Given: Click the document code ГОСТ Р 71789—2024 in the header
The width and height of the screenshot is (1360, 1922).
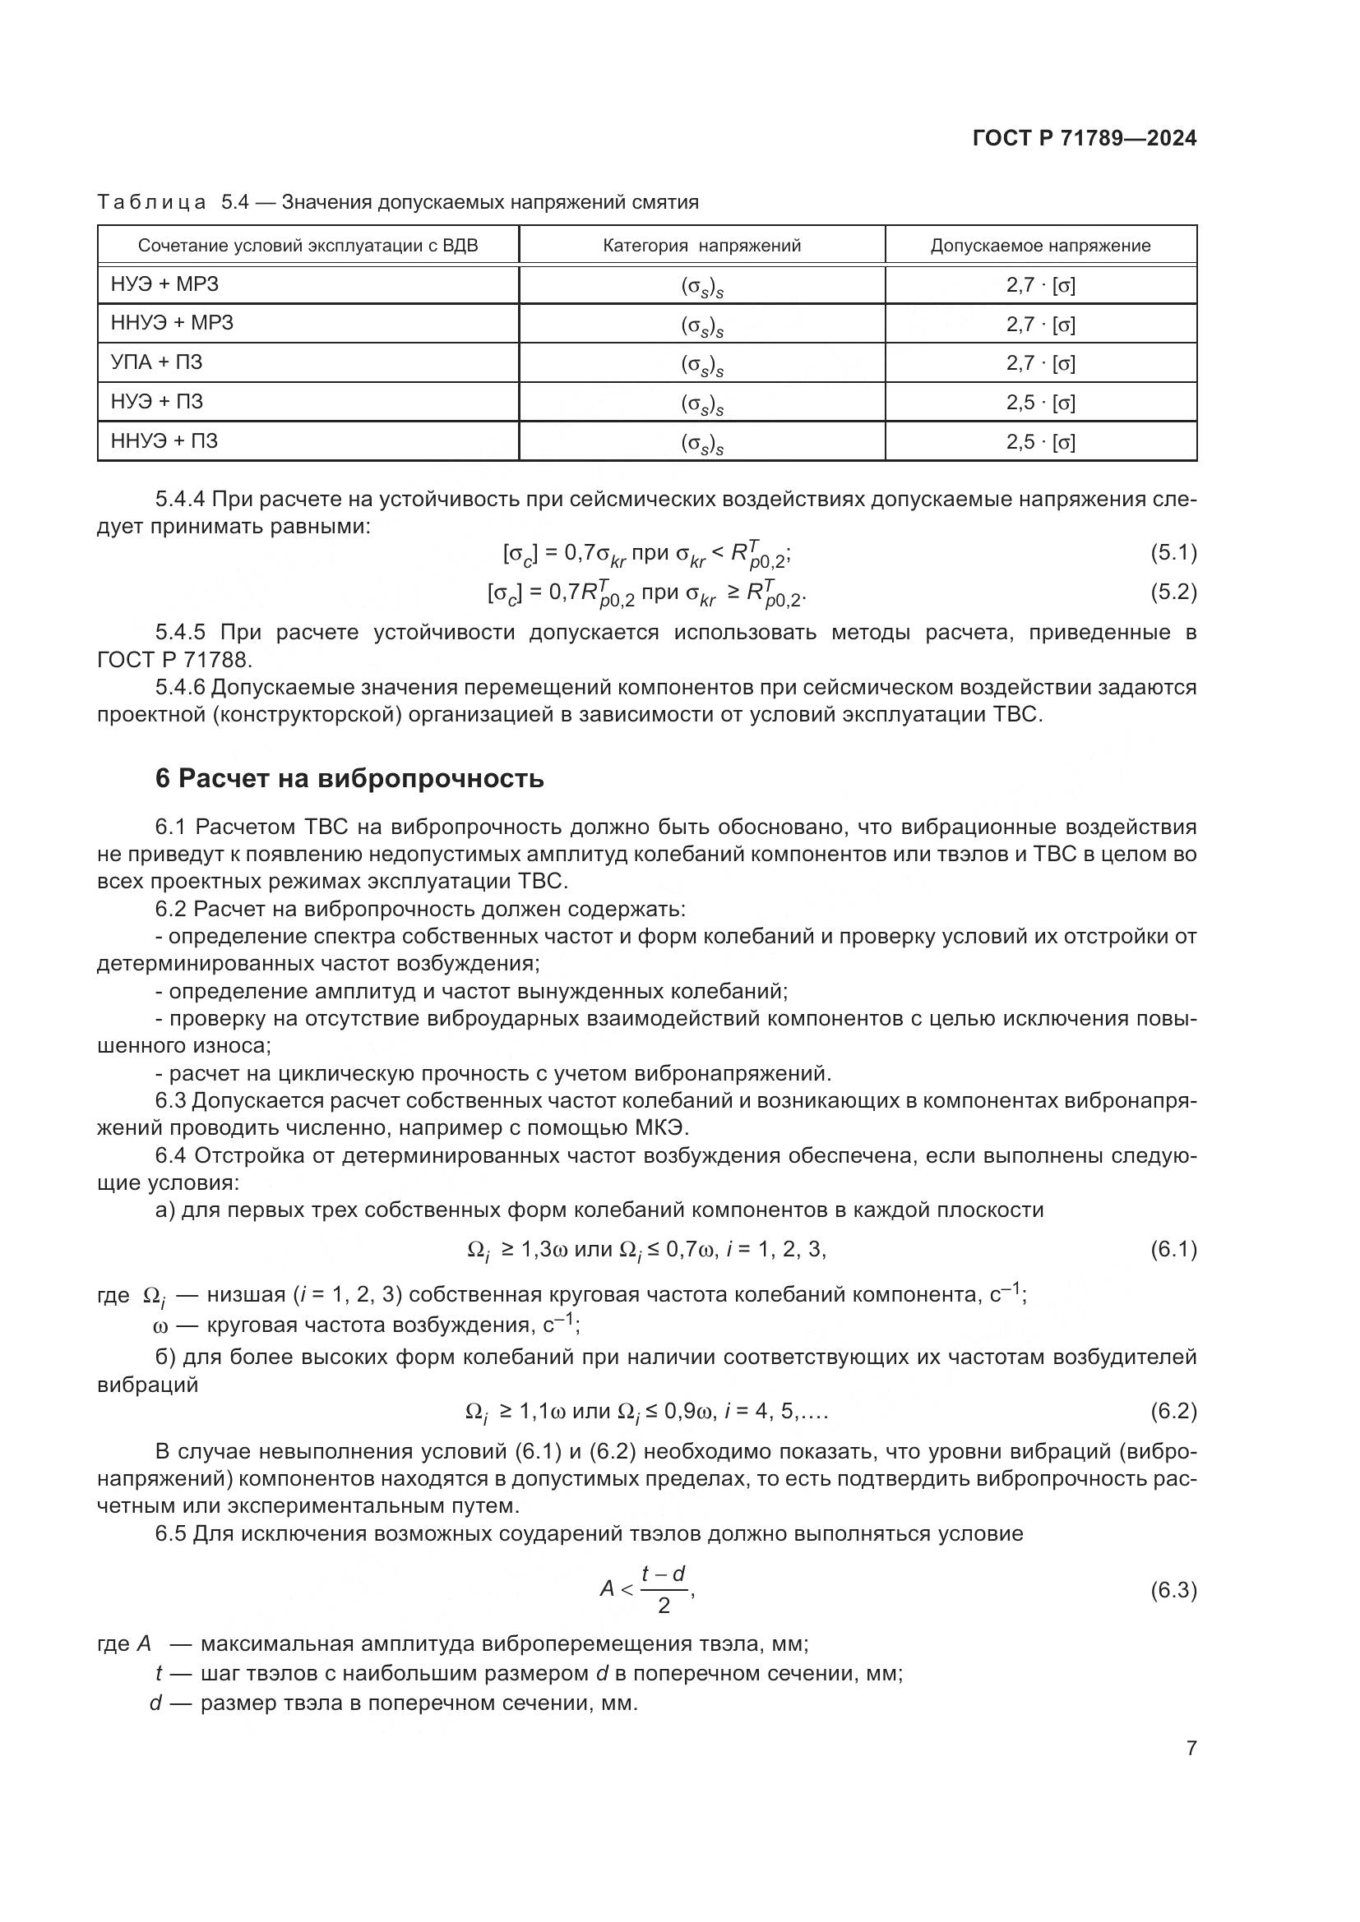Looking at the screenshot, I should (1085, 138).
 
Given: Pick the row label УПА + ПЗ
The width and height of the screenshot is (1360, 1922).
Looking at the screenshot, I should (156, 362).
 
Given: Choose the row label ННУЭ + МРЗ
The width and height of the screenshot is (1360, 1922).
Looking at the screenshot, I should (172, 323).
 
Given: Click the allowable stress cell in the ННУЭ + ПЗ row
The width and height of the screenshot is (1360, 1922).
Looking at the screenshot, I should (1040, 442).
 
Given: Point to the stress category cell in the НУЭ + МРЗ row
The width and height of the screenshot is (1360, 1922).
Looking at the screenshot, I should (701, 286).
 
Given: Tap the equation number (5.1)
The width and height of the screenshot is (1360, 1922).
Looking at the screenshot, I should (1173, 552).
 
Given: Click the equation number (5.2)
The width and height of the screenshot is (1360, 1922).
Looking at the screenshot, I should (1173, 592).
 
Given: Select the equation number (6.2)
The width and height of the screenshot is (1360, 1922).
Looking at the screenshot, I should (1173, 1412).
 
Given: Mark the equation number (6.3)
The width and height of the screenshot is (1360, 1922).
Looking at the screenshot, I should (1173, 1591).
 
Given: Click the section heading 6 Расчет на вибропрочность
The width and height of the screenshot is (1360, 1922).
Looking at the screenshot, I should (349, 778).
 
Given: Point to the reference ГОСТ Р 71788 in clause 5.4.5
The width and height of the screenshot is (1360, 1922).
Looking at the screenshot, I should (173, 660).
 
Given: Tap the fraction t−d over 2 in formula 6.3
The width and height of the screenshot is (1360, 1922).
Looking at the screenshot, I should (664, 1589).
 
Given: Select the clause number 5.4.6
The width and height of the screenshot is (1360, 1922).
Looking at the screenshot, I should (180, 687).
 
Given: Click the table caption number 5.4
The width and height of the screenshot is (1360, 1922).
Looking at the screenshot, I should (234, 202).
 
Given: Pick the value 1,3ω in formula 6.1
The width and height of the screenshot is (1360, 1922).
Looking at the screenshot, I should (545, 1251).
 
